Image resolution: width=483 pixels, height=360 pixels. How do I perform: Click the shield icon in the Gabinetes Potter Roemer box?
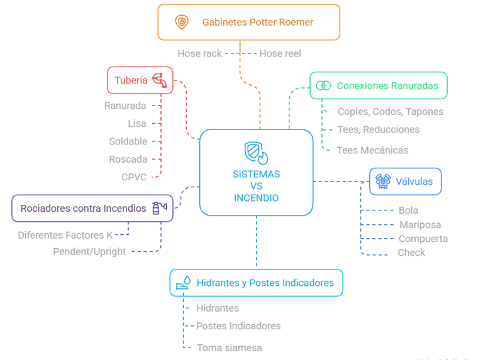tap(182, 22)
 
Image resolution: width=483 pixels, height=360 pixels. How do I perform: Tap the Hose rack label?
tap(199, 53)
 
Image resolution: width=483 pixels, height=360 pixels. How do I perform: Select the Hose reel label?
tap(280, 53)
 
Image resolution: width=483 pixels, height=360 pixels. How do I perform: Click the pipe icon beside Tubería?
tap(160, 80)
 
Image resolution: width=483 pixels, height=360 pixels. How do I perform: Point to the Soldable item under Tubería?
tap(128, 141)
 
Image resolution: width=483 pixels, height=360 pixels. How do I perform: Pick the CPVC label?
tap(134, 177)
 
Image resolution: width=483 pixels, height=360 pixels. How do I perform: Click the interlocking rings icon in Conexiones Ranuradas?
tap(323, 85)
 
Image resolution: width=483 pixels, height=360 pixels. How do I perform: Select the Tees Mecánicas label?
tap(372, 150)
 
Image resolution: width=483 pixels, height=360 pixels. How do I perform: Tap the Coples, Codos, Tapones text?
tap(391, 112)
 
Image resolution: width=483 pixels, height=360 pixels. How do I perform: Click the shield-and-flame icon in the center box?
tap(256, 153)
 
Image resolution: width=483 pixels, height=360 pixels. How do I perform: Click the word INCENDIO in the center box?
tap(257, 198)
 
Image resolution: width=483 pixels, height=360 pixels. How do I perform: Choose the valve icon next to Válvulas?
tap(383, 181)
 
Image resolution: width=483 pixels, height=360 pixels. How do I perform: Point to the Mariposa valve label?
tap(420, 225)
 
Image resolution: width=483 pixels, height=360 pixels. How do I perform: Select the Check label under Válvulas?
tap(411, 253)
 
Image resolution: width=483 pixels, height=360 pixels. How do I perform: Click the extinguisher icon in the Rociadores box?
tap(160, 208)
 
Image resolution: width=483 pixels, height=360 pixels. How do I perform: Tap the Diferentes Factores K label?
tap(65, 235)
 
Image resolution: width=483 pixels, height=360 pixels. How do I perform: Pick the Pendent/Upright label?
tap(89, 252)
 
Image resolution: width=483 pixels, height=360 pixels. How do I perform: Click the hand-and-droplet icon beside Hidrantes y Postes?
tap(183, 283)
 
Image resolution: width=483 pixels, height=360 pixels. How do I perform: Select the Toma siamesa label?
tap(230, 348)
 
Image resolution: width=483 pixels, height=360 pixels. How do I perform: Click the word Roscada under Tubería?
tap(128, 159)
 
